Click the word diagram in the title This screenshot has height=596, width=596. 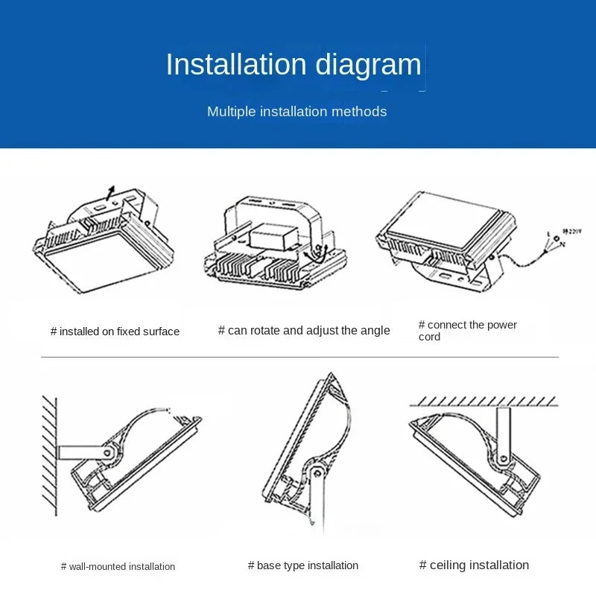coord(368,65)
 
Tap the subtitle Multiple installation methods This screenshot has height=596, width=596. coord(297,112)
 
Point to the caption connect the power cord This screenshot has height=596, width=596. coord(467,331)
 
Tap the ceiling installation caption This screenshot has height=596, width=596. coord(474,565)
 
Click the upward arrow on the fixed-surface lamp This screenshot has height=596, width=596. coord(111,192)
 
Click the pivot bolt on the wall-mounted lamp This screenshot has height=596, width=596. coord(107,451)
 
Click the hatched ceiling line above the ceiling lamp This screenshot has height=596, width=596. coord(484,402)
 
